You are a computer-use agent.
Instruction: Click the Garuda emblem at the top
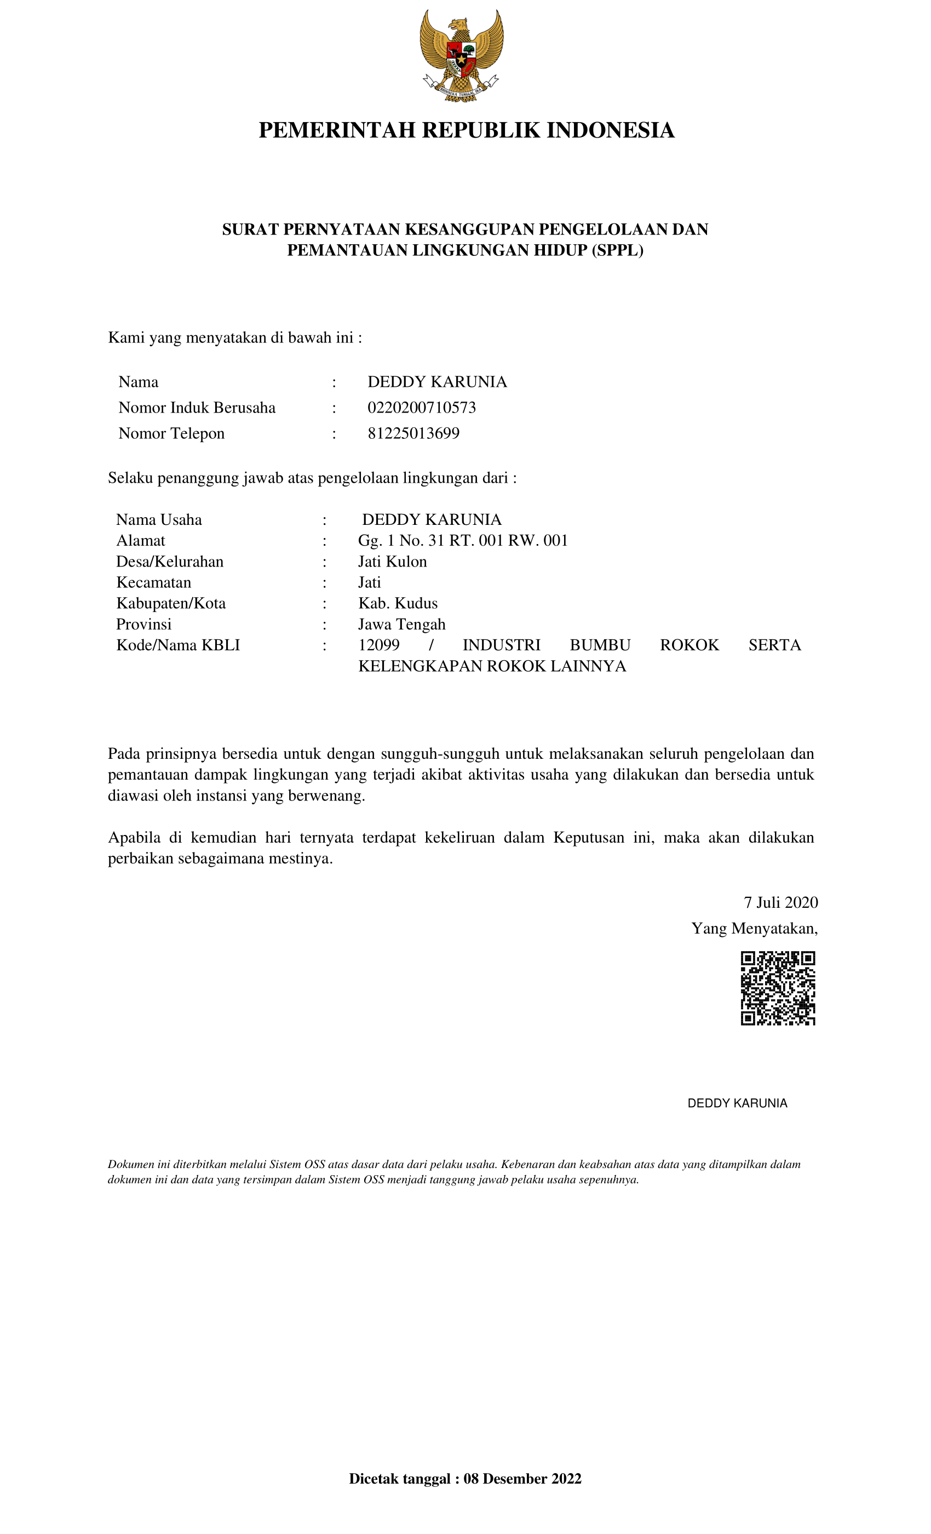[x=461, y=55]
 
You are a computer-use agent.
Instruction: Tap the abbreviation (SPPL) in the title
[x=617, y=250]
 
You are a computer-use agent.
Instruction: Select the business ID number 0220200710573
[x=421, y=408]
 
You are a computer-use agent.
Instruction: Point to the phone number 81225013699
[x=413, y=433]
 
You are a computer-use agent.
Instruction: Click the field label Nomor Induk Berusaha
[x=197, y=408]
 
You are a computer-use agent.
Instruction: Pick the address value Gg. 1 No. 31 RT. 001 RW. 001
[x=462, y=540]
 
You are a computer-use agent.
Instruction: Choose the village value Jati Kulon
[x=392, y=562]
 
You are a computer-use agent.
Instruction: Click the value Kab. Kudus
[x=398, y=603]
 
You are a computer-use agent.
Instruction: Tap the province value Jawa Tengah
[x=401, y=625]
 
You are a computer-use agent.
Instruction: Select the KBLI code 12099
[x=378, y=645]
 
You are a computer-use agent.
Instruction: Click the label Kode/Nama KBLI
[x=178, y=645]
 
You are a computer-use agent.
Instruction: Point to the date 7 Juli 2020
[x=780, y=903]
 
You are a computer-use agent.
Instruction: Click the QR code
[x=777, y=988]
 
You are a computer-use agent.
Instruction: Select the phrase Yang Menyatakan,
[x=754, y=928]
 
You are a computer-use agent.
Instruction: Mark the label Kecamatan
[x=154, y=583]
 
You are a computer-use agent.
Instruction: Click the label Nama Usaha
[x=159, y=520]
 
